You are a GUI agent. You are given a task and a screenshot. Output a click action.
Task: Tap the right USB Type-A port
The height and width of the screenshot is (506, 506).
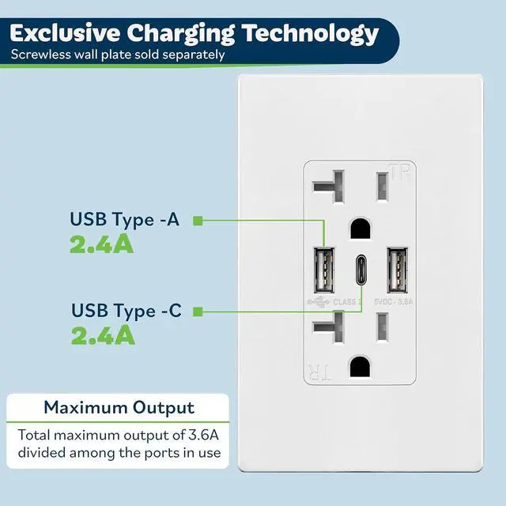(x=397, y=271)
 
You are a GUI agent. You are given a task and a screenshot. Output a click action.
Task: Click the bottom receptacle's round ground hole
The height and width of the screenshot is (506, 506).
(x=361, y=366)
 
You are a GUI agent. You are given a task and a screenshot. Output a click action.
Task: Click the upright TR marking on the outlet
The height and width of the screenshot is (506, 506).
(x=402, y=172)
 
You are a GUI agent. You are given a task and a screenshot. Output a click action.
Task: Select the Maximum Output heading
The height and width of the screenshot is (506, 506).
(x=119, y=408)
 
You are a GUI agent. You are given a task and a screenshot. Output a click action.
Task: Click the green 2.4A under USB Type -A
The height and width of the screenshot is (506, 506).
(x=101, y=244)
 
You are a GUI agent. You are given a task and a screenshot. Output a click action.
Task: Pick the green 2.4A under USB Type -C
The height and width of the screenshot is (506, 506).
(x=103, y=335)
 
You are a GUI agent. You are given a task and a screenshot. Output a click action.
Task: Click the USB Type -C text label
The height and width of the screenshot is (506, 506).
(x=126, y=311)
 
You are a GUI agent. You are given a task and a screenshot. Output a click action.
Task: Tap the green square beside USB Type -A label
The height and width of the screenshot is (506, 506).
(x=198, y=220)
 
